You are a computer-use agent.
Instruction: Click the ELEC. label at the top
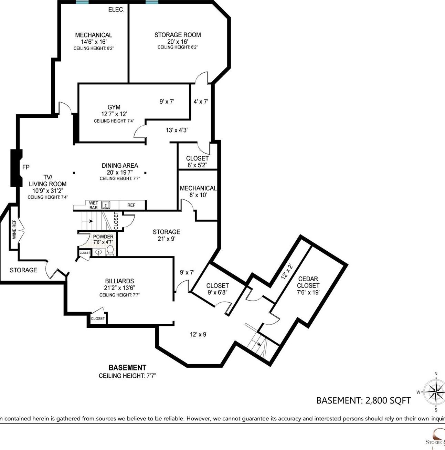click(x=116, y=10)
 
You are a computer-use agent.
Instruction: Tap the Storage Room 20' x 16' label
click(x=178, y=38)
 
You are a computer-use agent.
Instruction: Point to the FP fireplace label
click(x=26, y=167)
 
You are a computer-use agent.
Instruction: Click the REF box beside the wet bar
click(x=131, y=205)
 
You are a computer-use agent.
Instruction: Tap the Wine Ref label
click(x=14, y=229)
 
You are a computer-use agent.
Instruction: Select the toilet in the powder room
click(x=110, y=251)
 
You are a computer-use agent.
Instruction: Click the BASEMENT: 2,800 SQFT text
click(x=363, y=400)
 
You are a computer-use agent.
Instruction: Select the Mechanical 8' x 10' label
click(x=198, y=191)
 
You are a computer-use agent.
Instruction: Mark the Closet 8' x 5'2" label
click(x=197, y=161)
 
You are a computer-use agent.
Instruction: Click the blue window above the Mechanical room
click(x=82, y=2)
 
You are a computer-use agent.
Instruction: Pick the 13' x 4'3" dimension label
click(x=177, y=130)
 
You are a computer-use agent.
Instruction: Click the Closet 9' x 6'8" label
click(x=218, y=289)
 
